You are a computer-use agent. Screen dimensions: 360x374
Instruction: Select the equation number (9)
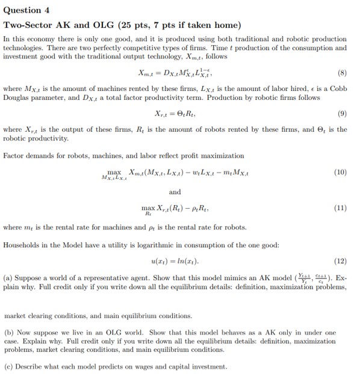point(342,112)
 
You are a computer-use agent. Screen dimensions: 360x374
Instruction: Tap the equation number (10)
point(340,171)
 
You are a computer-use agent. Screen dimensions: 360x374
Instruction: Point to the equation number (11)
point(340,207)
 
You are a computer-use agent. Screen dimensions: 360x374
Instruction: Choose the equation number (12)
point(340,263)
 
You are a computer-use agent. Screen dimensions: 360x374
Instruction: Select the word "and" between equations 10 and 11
point(175,192)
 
